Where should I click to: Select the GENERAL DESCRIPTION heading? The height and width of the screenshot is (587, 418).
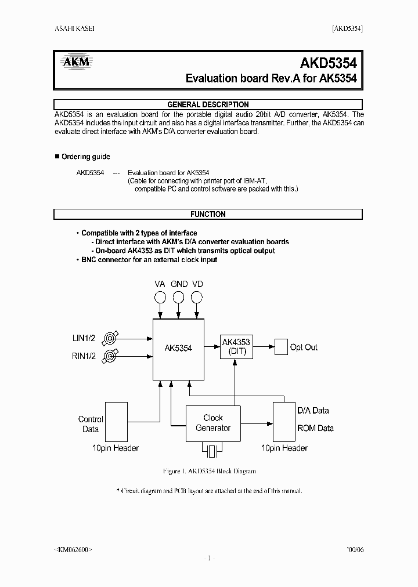[208, 105]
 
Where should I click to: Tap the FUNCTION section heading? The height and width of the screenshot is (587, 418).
[208, 215]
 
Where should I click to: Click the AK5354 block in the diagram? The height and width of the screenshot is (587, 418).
[178, 348]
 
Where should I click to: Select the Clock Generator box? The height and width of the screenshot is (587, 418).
[213, 423]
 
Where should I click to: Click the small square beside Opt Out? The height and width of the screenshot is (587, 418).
[281, 347]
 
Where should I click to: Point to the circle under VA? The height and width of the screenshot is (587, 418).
[160, 298]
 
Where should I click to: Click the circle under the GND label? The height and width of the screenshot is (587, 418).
[179, 298]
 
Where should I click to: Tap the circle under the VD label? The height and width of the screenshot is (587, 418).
[197, 298]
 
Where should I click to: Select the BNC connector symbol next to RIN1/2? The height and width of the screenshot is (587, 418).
[110, 356]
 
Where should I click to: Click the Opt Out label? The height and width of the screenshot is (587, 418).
[304, 347]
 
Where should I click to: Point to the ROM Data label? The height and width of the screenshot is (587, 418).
[315, 428]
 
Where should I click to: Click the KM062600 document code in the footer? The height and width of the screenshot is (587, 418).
[73, 549]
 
